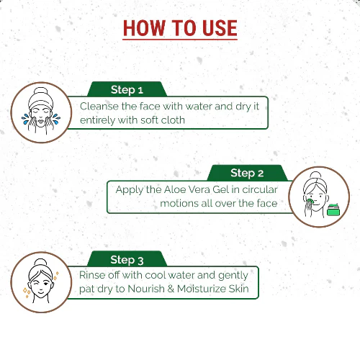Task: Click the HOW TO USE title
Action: coord(180,28)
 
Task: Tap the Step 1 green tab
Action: coord(127,89)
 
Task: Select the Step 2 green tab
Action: coord(247,173)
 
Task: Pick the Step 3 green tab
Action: coord(127,259)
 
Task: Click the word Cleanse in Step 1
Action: coord(99,106)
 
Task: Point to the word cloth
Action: coord(173,120)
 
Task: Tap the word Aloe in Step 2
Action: coord(175,189)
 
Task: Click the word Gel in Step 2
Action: coord(220,189)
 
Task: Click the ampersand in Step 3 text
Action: coord(171,289)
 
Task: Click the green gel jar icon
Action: coord(333,210)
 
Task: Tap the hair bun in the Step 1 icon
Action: coord(41,91)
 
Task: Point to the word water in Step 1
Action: coord(199,106)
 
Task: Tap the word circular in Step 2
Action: coord(260,189)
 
